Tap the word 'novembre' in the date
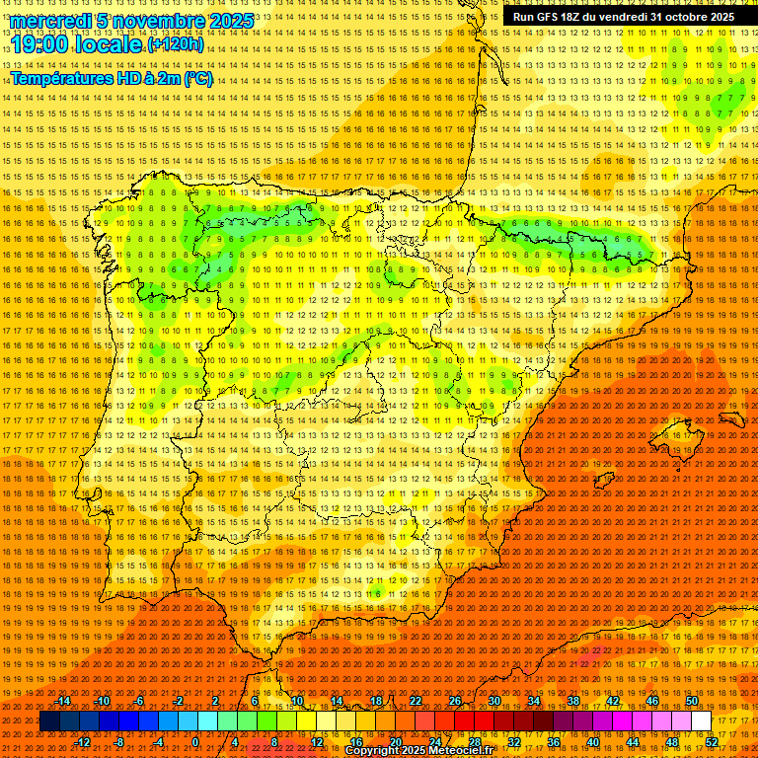[154, 21]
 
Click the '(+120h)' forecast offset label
[177, 44]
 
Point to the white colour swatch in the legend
[702, 721]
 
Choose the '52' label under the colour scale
[712, 741]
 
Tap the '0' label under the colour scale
[195, 741]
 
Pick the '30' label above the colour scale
[493, 701]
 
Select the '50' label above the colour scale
[692, 701]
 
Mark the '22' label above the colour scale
[415, 701]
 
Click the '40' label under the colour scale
[592, 741]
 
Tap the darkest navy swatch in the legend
[50, 721]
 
